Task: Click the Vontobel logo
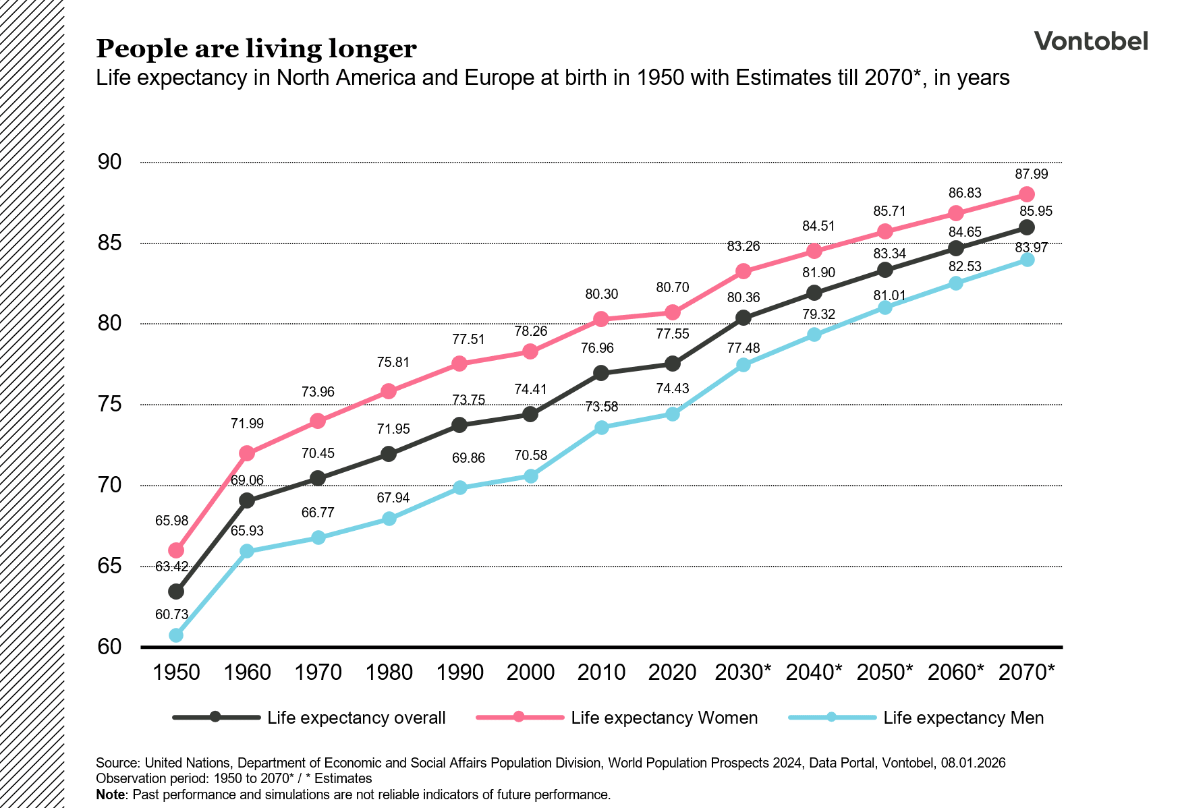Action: (1090, 41)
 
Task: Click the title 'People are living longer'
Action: (256, 49)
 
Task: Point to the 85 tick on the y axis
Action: (109, 243)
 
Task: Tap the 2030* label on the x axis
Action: (743, 672)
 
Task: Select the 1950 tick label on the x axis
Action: (176, 672)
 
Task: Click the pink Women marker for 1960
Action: (247, 453)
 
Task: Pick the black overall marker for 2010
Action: (602, 373)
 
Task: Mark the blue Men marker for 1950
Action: (176, 635)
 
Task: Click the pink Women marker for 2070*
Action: (1027, 194)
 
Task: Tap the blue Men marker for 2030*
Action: (743, 365)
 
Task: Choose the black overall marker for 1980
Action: (389, 454)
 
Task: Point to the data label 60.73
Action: (171, 614)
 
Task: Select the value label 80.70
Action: (673, 288)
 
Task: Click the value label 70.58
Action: (531, 455)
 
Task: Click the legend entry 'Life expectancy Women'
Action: (664, 718)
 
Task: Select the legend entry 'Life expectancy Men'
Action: (963, 718)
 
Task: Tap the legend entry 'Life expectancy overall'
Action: (356, 718)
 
